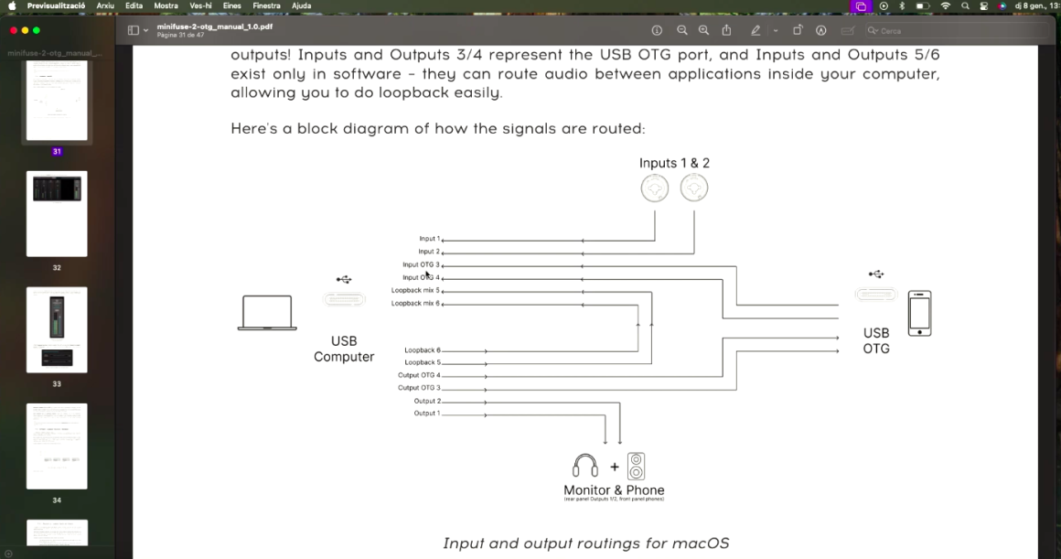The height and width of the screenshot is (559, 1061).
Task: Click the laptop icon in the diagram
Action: (267, 313)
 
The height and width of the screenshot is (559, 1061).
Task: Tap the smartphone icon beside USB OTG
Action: (919, 313)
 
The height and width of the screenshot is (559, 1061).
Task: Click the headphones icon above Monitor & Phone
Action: (585, 466)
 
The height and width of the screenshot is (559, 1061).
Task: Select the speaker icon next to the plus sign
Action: (637, 466)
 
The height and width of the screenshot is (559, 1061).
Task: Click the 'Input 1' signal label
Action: (429, 239)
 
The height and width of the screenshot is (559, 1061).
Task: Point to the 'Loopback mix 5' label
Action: (415, 290)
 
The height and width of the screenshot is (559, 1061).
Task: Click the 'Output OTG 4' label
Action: (419, 375)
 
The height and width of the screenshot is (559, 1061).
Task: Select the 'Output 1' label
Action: (426, 414)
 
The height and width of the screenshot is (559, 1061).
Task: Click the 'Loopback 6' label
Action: (422, 350)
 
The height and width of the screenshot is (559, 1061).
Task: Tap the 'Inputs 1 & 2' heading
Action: (674, 163)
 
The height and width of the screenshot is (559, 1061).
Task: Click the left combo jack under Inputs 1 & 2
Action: (655, 188)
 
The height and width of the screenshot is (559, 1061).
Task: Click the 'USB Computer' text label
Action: (344, 349)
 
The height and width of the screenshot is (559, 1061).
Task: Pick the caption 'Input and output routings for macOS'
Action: (585, 543)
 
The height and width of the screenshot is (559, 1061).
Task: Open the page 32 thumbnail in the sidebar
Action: (57, 213)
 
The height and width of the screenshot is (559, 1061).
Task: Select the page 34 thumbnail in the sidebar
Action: (57, 446)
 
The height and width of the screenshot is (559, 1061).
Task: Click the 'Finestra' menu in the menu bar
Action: (266, 5)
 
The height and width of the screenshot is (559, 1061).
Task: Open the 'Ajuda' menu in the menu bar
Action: (301, 5)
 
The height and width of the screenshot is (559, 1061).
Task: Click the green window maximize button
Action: (36, 30)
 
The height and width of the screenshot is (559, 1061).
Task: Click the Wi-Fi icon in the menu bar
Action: (945, 5)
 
